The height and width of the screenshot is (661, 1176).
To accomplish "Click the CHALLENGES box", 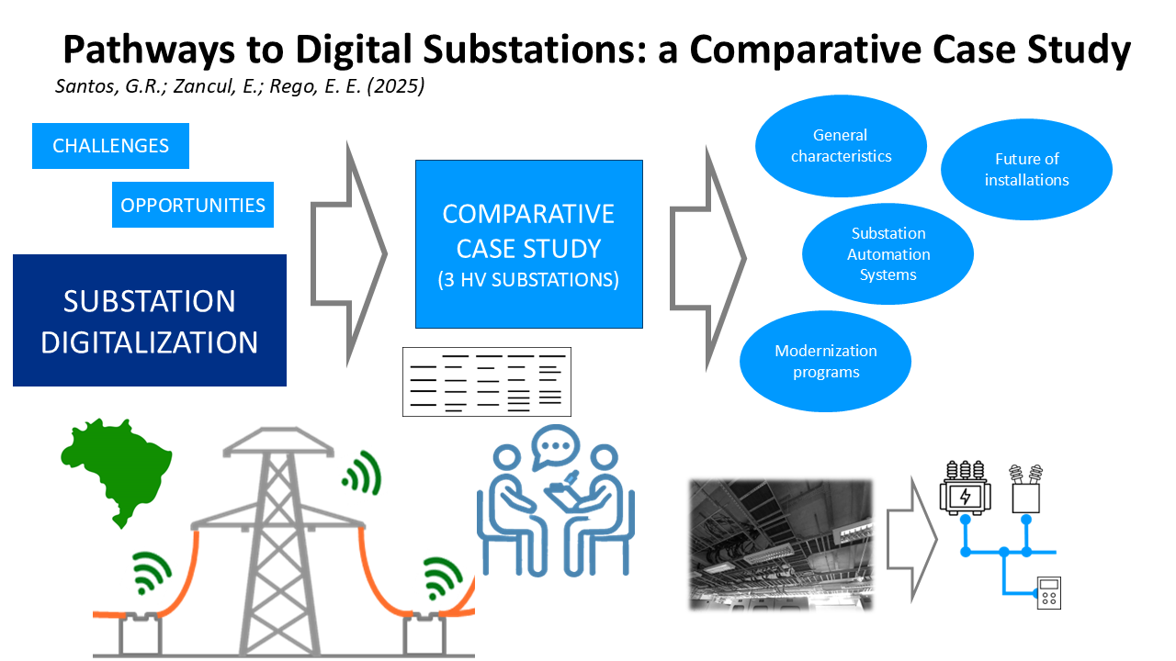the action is click(110, 146).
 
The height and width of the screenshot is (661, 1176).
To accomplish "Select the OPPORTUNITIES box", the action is click(193, 205).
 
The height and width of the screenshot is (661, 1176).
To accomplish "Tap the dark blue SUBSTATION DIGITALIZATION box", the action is click(150, 320).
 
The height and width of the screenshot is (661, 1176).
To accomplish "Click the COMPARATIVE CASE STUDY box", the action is click(528, 244).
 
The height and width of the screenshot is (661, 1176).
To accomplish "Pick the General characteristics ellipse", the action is click(841, 146).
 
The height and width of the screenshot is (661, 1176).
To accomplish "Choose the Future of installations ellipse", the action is click(1026, 170).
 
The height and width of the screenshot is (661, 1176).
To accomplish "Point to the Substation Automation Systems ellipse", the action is click(888, 254).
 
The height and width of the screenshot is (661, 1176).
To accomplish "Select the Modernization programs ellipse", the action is click(825, 362).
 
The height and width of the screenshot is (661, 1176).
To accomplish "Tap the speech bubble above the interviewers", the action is click(556, 446).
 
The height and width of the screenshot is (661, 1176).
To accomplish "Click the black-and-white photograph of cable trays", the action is click(781, 545).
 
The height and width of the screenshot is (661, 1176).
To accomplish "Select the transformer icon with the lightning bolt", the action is click(965, 488).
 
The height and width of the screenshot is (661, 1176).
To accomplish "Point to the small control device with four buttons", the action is click(1049, 593).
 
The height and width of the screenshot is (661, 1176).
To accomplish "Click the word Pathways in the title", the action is click(149, 50).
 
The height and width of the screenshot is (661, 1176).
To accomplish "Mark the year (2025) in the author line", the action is click(395, 86).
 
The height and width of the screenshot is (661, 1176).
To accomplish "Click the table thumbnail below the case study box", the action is click(487, 382).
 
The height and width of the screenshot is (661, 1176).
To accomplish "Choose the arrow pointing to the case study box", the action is click(349, 254).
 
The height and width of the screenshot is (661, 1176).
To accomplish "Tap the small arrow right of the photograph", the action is click(912, 539).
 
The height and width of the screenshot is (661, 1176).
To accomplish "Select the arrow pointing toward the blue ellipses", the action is click(707, 258).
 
